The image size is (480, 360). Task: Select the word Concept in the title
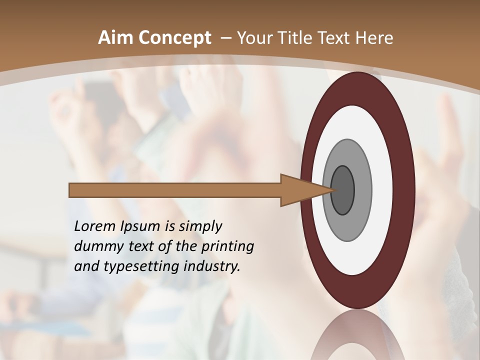(x=174, y=38)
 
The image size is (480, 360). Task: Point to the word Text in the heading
(x=334, y=38)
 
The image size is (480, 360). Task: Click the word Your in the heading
(x=254, y=38)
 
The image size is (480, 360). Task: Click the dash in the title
(x=225, y=38)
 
